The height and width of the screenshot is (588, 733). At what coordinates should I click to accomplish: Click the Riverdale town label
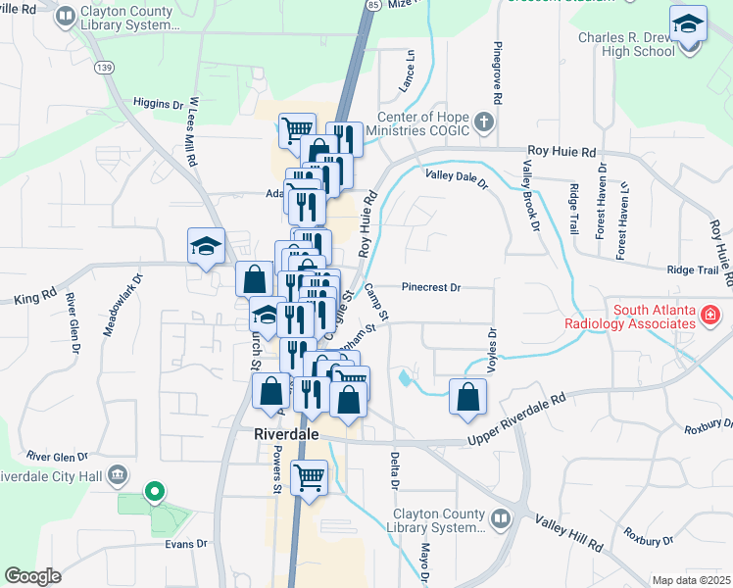[285, 433]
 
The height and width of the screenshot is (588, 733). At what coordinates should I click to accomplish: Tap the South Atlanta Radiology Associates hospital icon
[709, 316]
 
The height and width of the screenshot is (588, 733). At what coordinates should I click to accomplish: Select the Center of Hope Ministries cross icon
[482, 122]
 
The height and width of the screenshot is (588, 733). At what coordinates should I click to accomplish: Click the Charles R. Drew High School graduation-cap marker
[688, 24]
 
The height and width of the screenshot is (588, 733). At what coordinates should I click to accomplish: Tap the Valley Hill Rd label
[567, 529]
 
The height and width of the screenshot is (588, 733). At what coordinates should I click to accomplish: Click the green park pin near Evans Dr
[154, 491]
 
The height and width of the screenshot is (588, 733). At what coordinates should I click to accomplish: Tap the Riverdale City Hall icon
[118, 475]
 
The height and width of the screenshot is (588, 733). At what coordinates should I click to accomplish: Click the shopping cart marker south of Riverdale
[310, 478]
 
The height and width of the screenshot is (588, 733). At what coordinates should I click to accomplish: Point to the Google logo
[32, 575]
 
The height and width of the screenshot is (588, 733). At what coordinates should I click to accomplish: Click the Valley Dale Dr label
[456, 176]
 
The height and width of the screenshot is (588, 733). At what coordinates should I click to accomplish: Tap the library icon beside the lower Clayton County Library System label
[502, 516]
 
